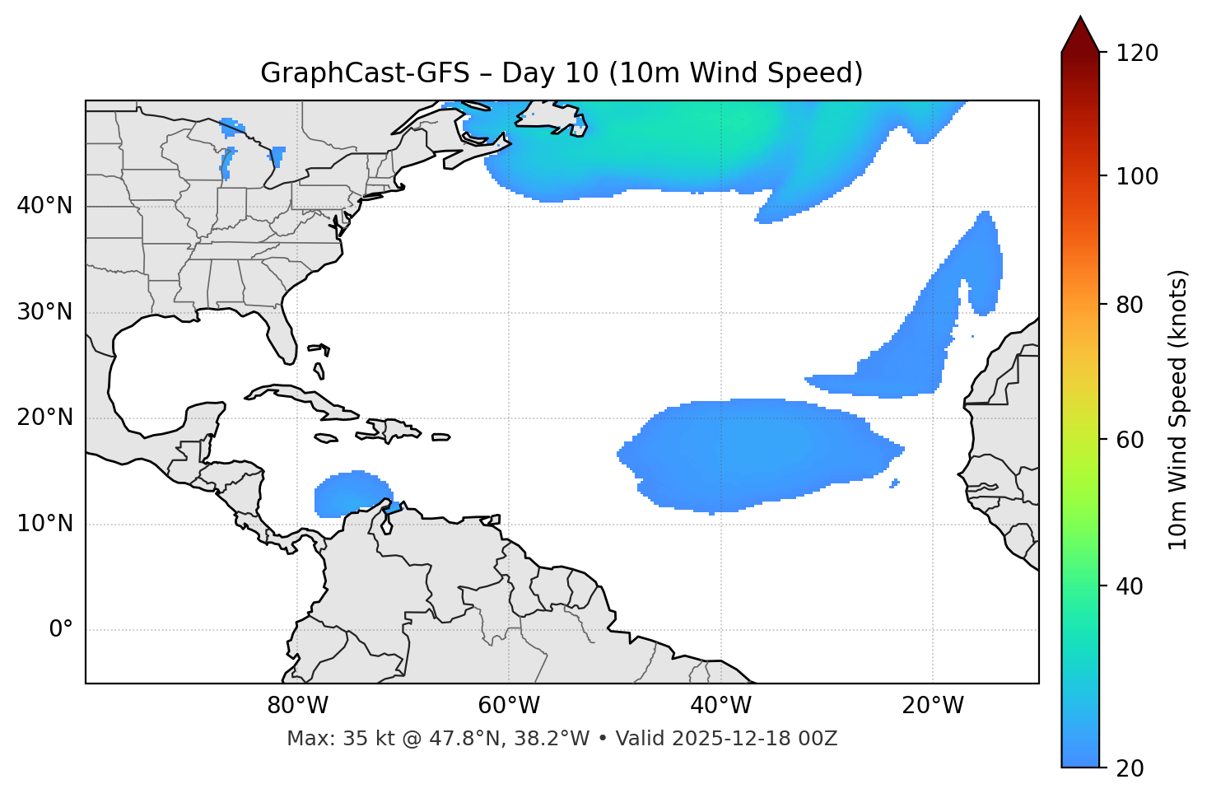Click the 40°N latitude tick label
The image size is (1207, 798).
[44, 206]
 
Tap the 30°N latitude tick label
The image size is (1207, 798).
[44, 312]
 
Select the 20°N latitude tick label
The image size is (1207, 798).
[44, 418]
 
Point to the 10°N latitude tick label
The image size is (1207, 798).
[44, 524]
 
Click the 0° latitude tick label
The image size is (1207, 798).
[61, 630]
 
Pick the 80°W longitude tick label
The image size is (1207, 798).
[297, 706]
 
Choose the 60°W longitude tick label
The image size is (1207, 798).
[509, 706]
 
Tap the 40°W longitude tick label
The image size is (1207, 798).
[721, 706]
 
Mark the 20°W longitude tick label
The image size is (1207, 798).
[933, 706]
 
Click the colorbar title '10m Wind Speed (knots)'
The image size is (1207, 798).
[1178, 409]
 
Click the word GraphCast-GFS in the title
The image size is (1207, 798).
[365, 73]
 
